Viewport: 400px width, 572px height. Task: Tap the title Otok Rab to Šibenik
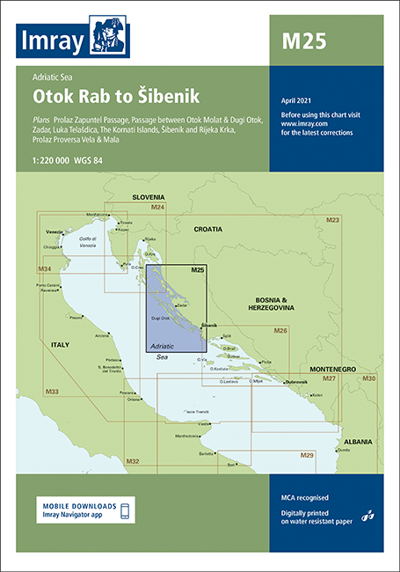coord(117,95)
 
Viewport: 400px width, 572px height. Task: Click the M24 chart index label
coord(157,207)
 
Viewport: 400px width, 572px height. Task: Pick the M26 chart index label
coord(280,330)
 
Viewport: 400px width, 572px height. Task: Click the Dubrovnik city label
coord(298,382)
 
